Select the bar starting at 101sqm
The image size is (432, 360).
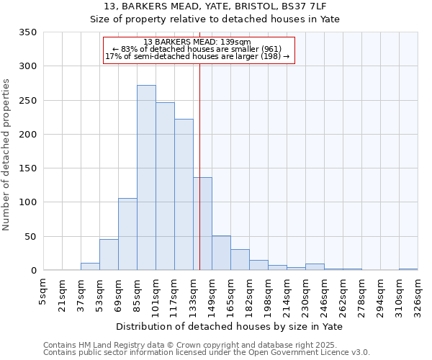(x=165, y=186)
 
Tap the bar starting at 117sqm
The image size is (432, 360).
(x=184, y=194)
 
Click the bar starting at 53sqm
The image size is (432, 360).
(x=109, y=255)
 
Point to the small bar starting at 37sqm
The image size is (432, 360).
(x=90, y=266)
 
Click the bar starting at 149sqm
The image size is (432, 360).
(x=221, y=253)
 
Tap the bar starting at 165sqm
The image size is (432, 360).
(x=240, y=260)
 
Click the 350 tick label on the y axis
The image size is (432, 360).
(x=27, y=32)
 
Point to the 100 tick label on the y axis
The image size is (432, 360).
(x=27, y=202)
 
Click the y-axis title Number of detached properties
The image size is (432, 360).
(x=7, y=155)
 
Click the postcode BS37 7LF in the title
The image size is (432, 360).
(x=303, y=6)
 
